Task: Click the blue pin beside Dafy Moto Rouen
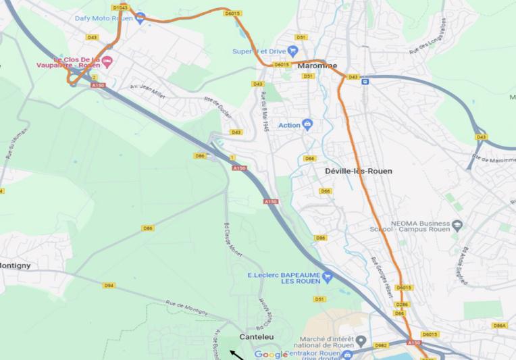pyautogui.click(x=140, y=18)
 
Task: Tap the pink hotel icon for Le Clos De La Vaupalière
pyautogui.click(x=107, y=61)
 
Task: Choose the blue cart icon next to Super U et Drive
pyautogui.click(x=292, y=51)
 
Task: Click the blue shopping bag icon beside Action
pyautogui.click(x=307, y=124)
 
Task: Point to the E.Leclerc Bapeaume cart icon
pyautogui.click(x=327, y=276)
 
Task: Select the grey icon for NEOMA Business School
pyautogui.click(x=457, y=224)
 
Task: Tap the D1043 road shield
pyautogui.click(x=120, y=7)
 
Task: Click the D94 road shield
pyautogui.click(x=109, y=286)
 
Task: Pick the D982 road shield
pyautogui.click(x=381, y=345)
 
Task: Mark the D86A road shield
pyautogui.click(x=499, y=326)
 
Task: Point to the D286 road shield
pyautogui.click(x=401, y=305)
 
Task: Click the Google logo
pyautogui.click(x=271, y=355)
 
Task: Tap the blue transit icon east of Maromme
pyautogui.click(x=365, y=82)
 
